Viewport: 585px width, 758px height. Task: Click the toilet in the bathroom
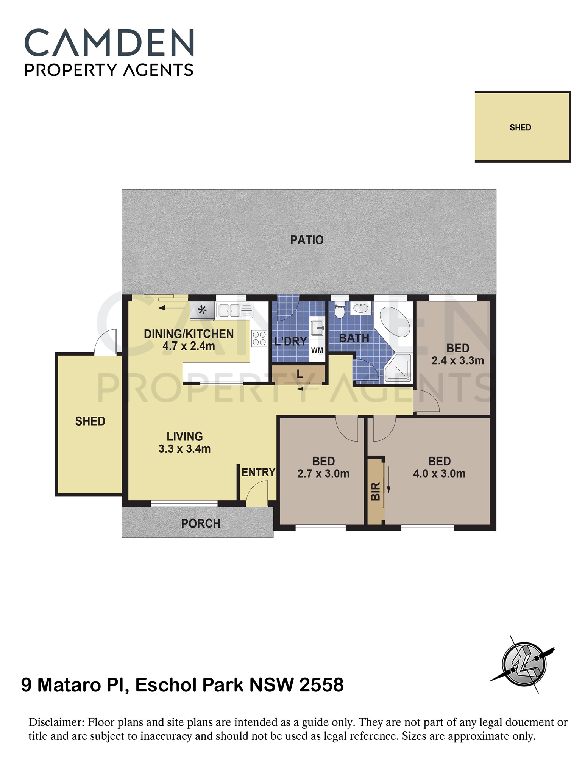(339, 310)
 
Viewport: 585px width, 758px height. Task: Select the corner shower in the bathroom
(398, 367)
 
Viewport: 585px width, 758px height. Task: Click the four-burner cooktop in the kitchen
(259, 338)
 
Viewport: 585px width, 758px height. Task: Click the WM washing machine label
(317, 350)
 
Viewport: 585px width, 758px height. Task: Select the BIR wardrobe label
(375, 492)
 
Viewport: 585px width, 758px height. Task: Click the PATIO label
(307, 240)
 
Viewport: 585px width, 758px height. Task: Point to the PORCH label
(201, 523)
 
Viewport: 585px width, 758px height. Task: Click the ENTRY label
(258, 472)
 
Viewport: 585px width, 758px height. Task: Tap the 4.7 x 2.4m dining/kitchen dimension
(189, 346)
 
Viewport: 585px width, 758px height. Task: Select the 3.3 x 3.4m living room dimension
(184, 449)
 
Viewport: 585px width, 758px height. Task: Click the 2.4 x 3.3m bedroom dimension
(458, 360)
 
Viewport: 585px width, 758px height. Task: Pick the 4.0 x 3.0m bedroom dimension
(439, 473)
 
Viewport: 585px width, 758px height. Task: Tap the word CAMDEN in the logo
(109, 42)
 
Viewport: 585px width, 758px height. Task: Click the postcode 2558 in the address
(321, 685)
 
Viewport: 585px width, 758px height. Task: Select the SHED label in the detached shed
(520, 127)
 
